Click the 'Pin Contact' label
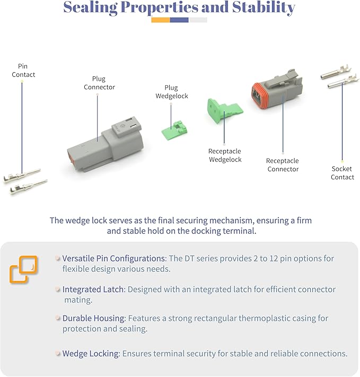(x=23, y=71)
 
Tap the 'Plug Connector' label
(x=99, y=83)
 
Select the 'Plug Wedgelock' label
(x=171, y=92)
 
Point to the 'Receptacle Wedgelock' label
(x=225, y=155)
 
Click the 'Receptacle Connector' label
(x=283, y=165)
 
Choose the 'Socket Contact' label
(x=342, y=173)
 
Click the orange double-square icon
(x=23, y=269)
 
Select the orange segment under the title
(x=161, y=20)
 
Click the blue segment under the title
(x=179, y=20)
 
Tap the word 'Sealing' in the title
(x=91, y=8)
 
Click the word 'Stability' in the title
(x=264, y=8)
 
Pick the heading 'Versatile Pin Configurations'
(x=114, y=258)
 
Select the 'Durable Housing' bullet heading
(x=94, y=318)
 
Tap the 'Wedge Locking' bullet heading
(x=91, y=354)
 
